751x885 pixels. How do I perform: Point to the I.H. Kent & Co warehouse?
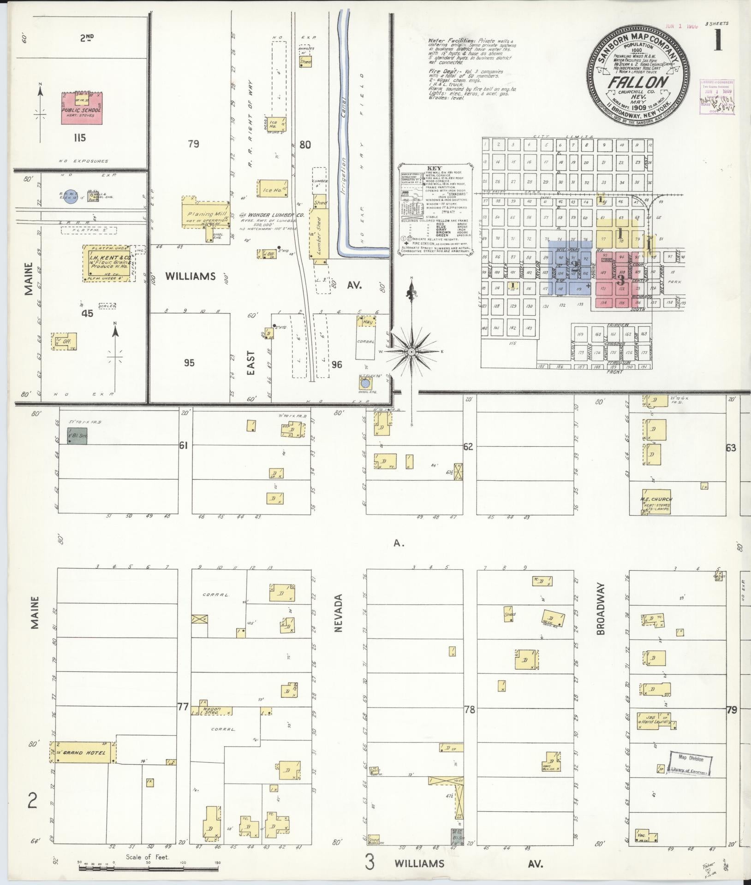click(107, 263)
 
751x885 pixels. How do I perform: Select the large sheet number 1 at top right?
click(718, 42)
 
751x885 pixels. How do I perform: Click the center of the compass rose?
click(412, 352)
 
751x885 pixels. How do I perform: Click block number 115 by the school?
click(76, 138)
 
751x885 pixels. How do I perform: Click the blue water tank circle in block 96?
click(365, 383)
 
